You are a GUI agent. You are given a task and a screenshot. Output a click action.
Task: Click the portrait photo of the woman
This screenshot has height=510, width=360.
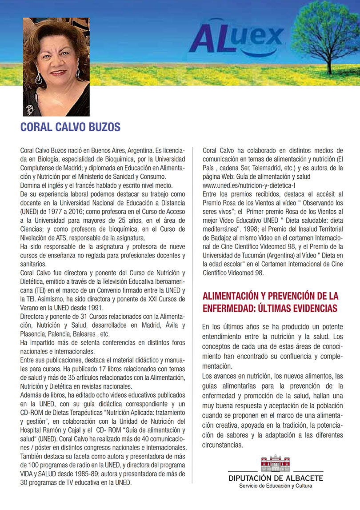click(x=56, y=67)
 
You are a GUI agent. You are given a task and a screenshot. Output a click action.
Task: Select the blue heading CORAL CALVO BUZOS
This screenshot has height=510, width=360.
click(x=70, y=127)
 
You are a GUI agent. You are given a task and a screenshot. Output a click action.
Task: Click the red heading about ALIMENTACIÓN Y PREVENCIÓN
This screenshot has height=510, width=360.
click(x=270, y=302)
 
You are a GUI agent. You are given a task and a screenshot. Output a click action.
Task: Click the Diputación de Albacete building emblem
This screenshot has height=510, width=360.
click(x=275, y=463)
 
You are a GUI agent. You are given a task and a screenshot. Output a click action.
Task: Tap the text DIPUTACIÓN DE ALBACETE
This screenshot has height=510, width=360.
click(x=276, y=478)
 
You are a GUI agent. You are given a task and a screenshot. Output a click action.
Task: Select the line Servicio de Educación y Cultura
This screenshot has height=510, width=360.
click(x=276, y=486)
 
